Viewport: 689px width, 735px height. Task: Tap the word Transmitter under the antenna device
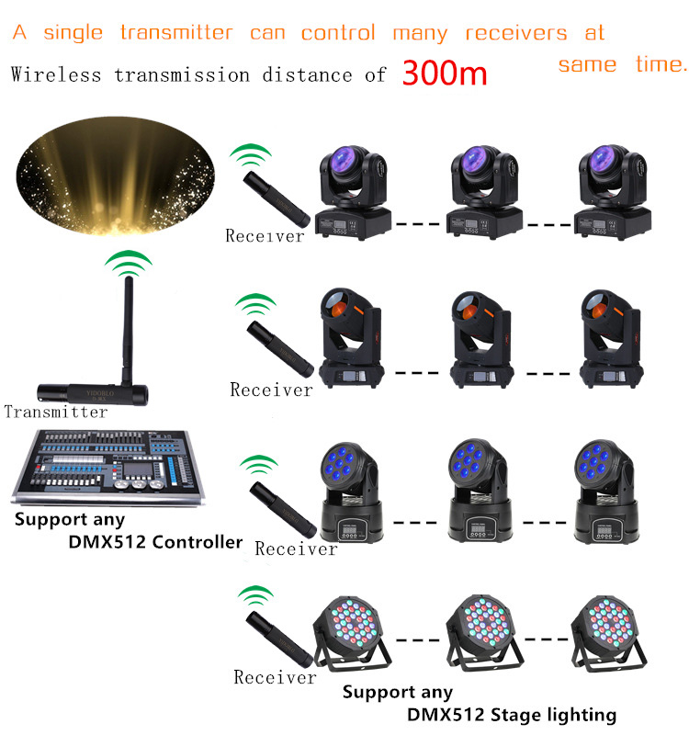tap(55, 412)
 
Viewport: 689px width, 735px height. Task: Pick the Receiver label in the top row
tap(265, 236)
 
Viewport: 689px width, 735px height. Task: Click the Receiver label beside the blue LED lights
tap(296, 548)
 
